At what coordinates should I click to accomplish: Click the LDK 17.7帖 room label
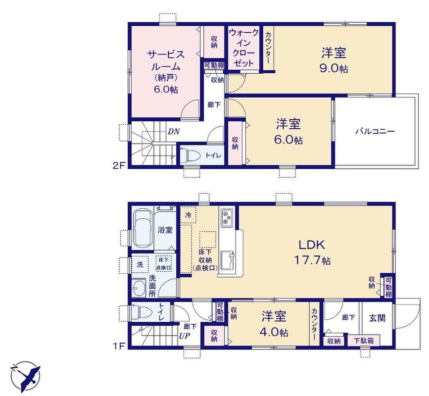coord(312,252)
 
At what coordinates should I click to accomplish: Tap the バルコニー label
coord(375,132)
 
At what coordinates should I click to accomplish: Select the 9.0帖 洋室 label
coord(334,60)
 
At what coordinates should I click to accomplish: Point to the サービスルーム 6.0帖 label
coord(166,72)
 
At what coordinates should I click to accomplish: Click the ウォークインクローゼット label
coord(243,48)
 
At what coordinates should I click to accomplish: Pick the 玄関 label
coord(377,318)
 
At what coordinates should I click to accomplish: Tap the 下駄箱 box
coord(364,341)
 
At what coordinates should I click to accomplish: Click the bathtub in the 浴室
coord(143,229)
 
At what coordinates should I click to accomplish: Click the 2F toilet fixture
coord(190,156)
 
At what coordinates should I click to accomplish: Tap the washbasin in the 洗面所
coord(139,288)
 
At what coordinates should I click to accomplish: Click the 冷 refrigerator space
coord(188,215)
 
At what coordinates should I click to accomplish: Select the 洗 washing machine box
coord(140,264)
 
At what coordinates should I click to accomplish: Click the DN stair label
coord(174,132)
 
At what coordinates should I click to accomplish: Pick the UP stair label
coord(185,336)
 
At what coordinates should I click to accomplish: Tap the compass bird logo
coord(25,375)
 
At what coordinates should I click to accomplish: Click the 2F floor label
coord(119,166)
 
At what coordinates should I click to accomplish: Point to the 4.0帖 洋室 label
coord(274,325)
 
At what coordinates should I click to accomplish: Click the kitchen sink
coord(227,260)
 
